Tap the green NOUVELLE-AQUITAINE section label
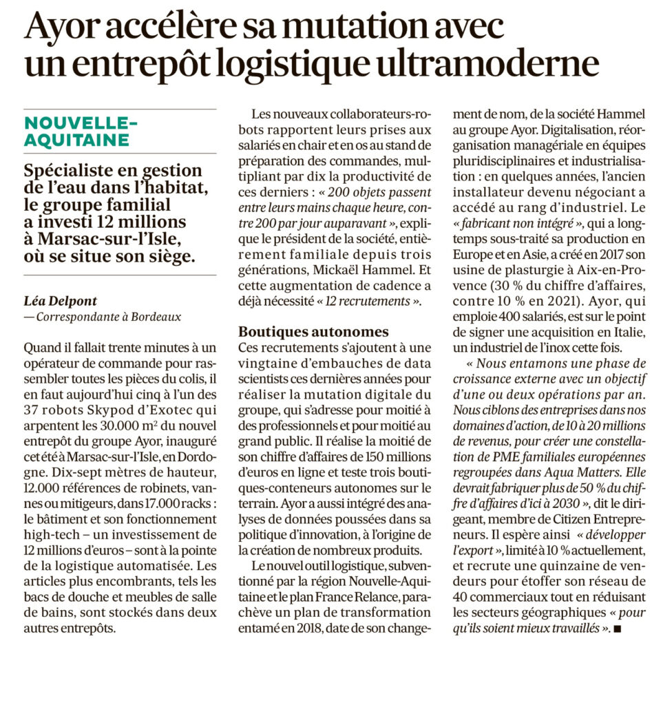coord(77,131)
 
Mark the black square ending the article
coord(617,629)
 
